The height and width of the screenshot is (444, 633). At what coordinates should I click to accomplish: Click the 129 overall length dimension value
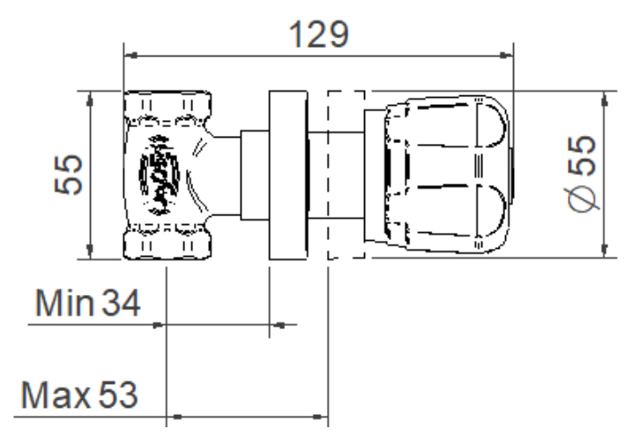[318, 34]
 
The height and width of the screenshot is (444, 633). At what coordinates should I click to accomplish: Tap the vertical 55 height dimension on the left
[68, 174]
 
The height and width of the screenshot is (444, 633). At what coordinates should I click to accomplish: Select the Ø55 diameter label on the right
[582, 174]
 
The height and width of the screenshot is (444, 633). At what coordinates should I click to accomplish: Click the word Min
[64, 302]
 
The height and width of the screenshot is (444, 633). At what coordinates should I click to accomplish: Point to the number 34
[121, 303]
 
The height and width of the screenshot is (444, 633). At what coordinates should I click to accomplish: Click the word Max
[56, 395]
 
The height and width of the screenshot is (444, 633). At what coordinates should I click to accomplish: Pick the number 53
[118, 395]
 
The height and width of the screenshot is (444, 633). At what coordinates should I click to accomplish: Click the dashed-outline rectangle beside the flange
[346, 174]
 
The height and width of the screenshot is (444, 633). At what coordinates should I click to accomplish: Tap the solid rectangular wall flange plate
[288, 175]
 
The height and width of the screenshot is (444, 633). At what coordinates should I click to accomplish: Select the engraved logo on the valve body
[159, 175]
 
